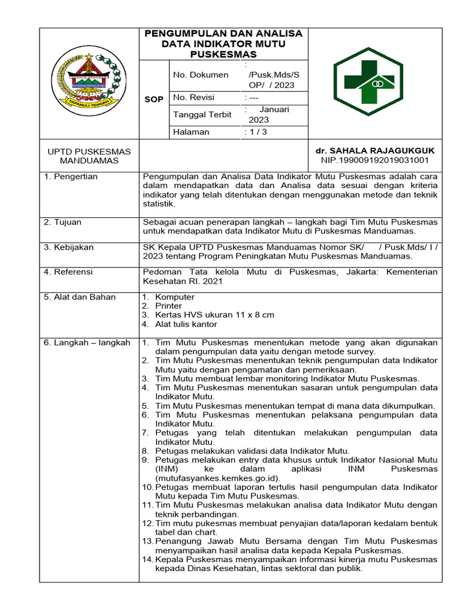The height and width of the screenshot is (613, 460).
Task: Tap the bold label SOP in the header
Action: [154, 99]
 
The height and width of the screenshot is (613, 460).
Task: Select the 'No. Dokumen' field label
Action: [201, 75]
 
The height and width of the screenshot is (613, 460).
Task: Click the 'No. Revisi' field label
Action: [193, 97]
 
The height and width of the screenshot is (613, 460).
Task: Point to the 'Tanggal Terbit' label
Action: [202, 114]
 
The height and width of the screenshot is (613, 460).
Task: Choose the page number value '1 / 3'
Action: [257, 132]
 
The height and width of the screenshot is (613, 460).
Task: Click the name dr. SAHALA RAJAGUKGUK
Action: [375, 151]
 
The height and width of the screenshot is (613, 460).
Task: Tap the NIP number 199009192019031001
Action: [375, 160]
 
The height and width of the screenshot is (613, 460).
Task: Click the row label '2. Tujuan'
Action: [63, 222]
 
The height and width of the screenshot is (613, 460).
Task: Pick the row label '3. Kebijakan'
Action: [68, 247]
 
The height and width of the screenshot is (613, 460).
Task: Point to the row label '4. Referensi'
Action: [68, 272]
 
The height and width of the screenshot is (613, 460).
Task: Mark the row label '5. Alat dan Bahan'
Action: [80, 297]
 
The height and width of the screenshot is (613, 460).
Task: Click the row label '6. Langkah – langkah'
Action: [87, 342]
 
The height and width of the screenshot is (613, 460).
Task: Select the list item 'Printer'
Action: [168, 306]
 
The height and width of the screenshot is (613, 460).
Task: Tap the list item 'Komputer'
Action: [174, 297]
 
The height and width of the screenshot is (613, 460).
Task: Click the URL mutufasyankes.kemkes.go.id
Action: [217, 478]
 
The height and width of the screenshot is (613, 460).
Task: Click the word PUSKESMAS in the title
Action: [223, 54]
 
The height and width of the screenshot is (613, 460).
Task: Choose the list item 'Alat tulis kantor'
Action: [186, 324]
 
